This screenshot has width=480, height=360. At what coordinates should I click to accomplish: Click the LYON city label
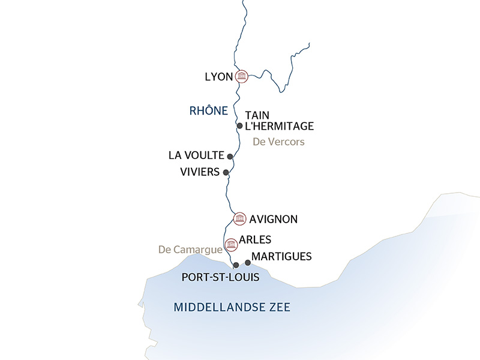point(218,76)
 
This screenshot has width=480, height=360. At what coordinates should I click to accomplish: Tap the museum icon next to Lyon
point(242,76)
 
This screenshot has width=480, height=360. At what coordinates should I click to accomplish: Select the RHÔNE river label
point(208,110)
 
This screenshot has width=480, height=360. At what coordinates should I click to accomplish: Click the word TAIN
point(258,115)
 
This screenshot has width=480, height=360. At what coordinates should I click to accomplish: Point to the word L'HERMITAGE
point(280,126)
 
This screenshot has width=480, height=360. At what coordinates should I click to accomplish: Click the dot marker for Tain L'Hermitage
point(240,126)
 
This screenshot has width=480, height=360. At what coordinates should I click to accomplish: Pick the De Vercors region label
point(279,142)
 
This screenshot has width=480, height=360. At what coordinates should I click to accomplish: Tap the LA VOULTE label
point(196,155)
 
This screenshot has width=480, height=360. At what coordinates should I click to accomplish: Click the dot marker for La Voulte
point(230,156)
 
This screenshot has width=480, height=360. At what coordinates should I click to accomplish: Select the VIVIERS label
point(199,172)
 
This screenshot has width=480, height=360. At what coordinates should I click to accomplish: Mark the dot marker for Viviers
point(226,173)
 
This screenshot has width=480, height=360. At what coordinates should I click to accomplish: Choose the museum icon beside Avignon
point(239,218)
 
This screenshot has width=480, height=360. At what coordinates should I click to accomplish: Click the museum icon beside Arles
point(230,244)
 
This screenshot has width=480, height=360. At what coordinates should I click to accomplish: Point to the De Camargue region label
point(190,249)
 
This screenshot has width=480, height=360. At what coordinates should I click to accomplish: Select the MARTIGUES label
point(282,257)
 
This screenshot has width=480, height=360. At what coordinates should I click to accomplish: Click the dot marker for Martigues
point(248,262)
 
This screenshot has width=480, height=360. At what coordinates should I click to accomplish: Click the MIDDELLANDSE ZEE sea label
point(232,307)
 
